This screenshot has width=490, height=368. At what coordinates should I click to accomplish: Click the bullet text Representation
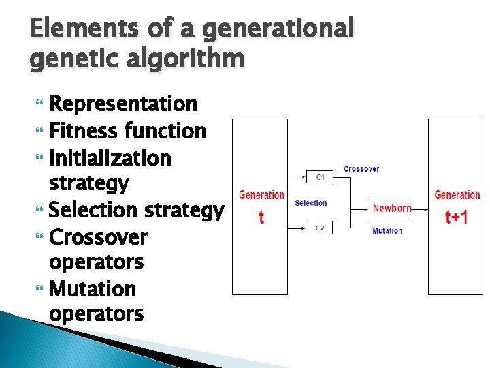click(123, 104)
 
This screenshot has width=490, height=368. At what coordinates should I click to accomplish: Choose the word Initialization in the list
click(110, 157)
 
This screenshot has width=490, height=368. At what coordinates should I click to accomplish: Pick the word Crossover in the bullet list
click(99, 237)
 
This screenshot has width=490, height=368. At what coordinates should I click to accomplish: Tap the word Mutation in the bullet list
click(93, 289)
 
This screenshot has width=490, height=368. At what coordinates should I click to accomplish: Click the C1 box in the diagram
click(320, 177)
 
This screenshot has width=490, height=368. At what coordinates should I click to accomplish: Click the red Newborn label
click(392, 208)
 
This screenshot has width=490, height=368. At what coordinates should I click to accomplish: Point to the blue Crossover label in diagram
click(361, 168)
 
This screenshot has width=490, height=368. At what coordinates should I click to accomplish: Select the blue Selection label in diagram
click(310, 203)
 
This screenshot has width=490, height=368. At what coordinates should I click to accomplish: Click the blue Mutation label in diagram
click(387, 231)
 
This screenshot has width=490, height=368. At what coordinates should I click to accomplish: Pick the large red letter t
click(261, 217)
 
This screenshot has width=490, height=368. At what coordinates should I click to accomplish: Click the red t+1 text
click(456, 217)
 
